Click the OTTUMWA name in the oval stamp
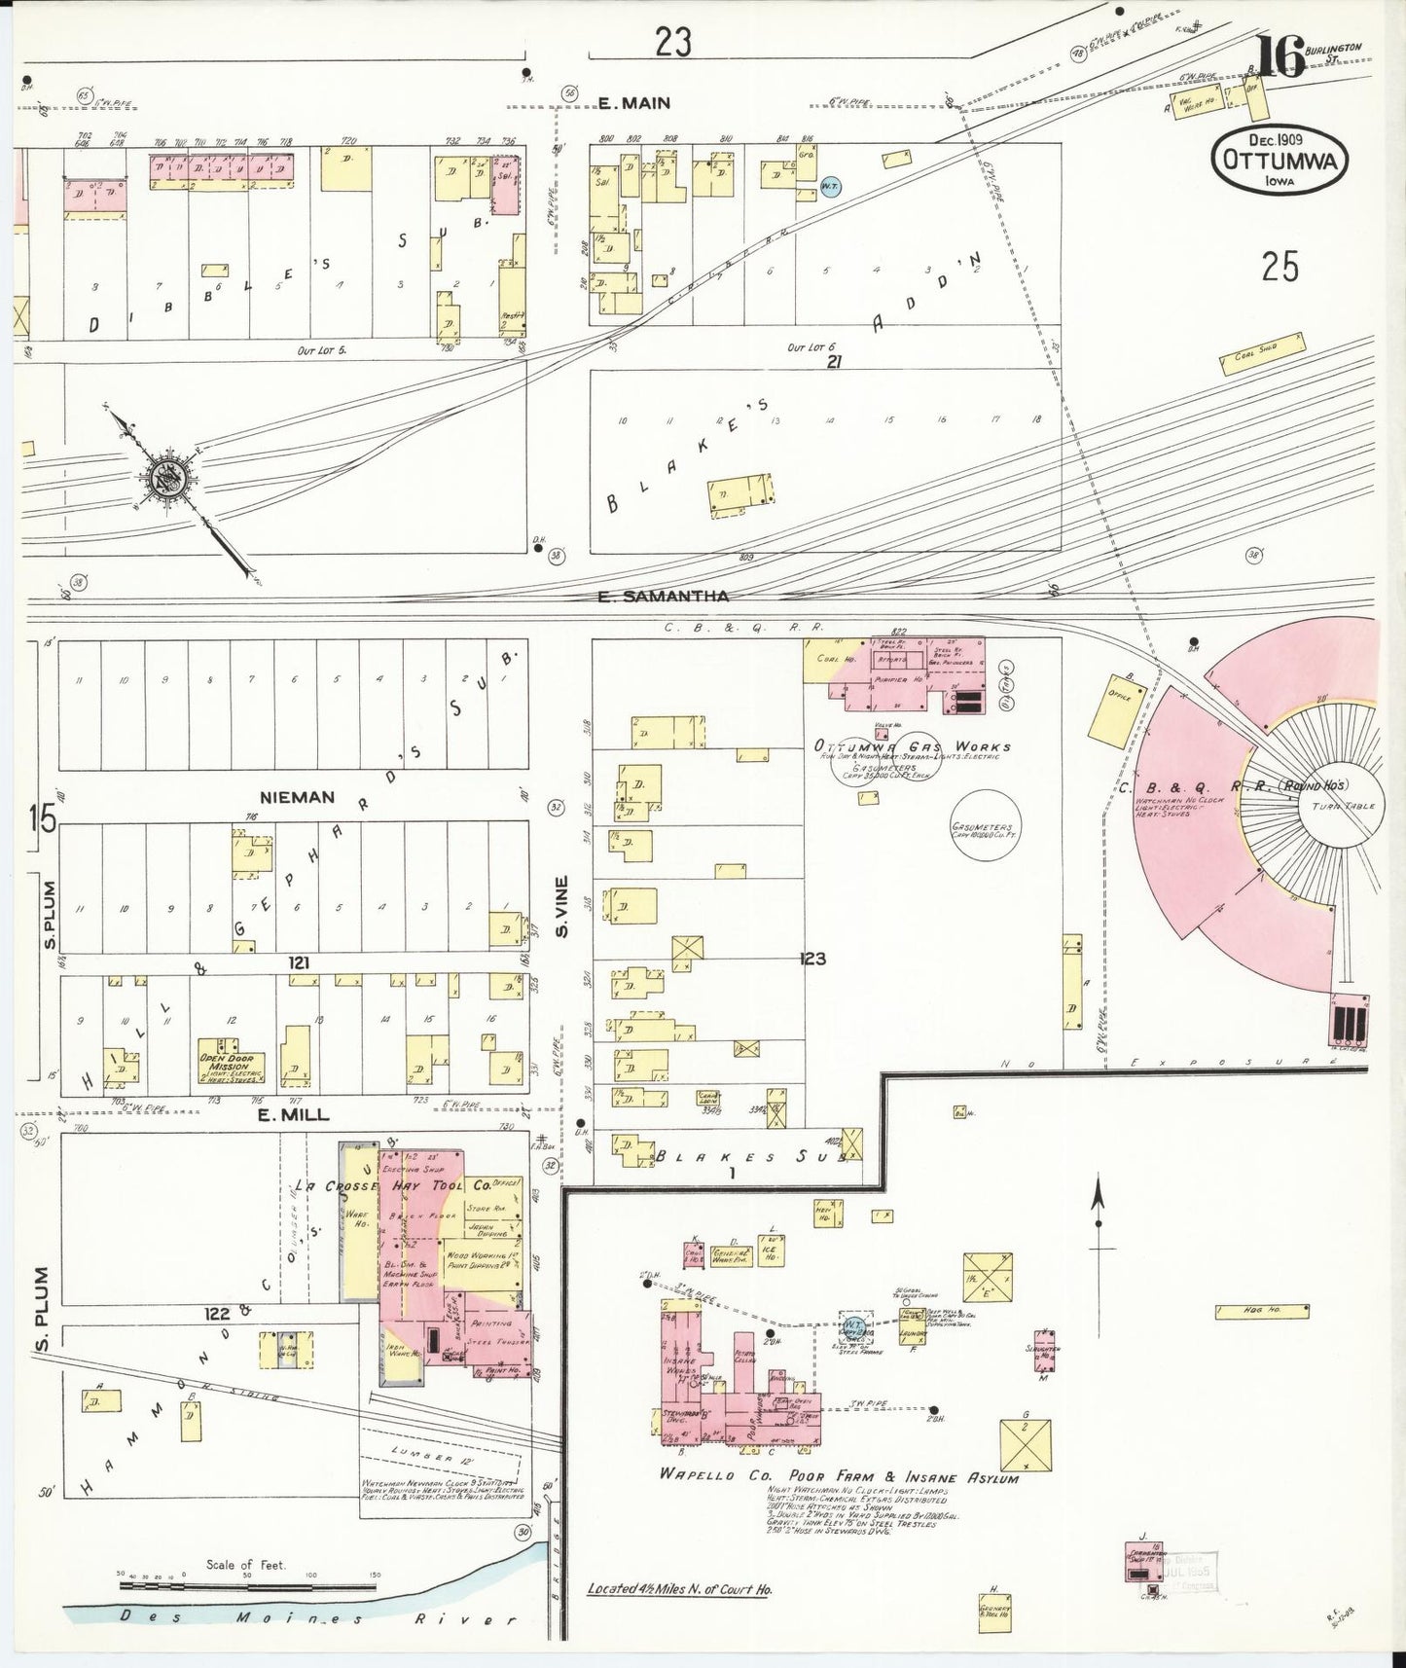(1280, 161)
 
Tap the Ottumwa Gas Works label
(913, 746)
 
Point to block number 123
(812, 960)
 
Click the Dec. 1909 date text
(1280, 138)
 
